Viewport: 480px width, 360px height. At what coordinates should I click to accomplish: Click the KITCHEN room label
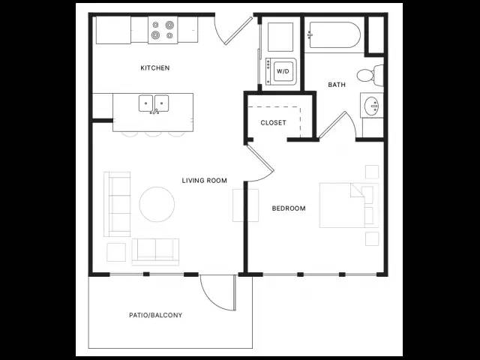pos(155,67)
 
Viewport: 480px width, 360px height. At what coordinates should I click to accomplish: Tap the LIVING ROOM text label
pos(205,180)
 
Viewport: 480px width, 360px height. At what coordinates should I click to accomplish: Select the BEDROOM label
pos(289,208)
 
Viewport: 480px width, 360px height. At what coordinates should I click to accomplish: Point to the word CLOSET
pos(273,122)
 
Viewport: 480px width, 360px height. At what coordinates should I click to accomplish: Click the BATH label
pos(337,85)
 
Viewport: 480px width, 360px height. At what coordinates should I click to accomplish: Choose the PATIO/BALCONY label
pos(155,315)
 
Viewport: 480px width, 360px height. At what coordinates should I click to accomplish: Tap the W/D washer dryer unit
pos(281,72)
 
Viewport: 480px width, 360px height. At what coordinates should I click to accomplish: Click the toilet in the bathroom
pos(370,75)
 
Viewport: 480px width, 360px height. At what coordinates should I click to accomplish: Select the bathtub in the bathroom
pos(334,35)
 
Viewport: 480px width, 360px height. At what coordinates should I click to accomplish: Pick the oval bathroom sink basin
pos(373,106)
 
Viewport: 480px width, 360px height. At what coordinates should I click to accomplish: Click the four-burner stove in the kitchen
pos(163,30)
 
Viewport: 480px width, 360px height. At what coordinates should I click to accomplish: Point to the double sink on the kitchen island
pos(154,103)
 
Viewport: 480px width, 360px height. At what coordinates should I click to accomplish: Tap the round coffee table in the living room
pos(157,204)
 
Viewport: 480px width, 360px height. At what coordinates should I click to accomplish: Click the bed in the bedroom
pos(349,205)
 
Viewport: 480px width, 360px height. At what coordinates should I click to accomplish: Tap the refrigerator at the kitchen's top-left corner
pos(113,30)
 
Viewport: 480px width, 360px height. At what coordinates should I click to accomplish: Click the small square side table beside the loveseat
pos(116,252)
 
